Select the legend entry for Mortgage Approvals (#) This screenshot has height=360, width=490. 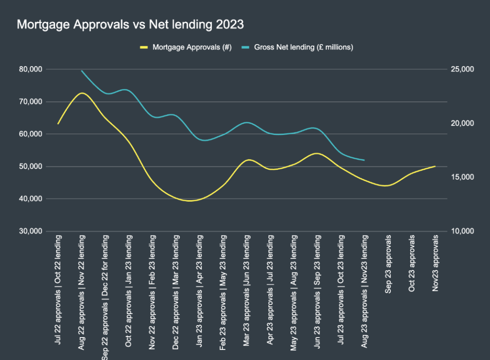[192, 47]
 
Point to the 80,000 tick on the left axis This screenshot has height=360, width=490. [30, 69]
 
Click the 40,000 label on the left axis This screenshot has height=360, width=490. [30, 199]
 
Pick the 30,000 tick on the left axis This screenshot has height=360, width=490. [30, 231]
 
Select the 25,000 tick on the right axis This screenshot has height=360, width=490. [462, 69]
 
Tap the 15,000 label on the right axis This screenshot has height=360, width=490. [462, 177]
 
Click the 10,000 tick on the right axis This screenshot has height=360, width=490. [462, 231]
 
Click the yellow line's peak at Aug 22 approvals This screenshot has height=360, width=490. [82, 93]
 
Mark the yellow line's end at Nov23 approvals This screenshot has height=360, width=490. [435, 166]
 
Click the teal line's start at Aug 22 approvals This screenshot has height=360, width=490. [82, 71]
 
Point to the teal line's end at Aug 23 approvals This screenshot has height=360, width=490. [365, 160]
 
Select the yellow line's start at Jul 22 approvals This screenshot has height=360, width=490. [58, 124]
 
